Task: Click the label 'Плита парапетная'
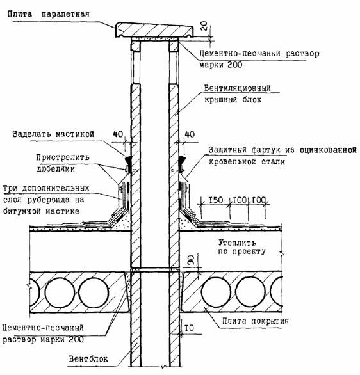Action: [x=49, y=13]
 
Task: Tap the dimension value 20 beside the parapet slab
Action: [x=204, y=26]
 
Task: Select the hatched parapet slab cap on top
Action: [x=155, y=29]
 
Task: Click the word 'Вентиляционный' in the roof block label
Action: [x=237, y=88]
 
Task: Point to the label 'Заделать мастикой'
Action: [x=53, y=134]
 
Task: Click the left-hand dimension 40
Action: [x=118, y=134]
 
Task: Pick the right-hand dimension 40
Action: [x=190, y=134]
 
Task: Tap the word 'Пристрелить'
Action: [x=63, y=157]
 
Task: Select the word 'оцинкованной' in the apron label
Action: [x=328, y=150]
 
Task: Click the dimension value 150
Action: [x=216, y=200]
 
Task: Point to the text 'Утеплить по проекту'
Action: [x=241, y=247]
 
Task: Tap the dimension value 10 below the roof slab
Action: [x=190, y=328]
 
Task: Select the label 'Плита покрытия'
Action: [x=256, y=321]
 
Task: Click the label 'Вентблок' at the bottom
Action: [x=88, y=359]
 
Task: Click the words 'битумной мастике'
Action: [x=41, y=211]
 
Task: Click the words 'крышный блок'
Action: [x=233, y=99]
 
